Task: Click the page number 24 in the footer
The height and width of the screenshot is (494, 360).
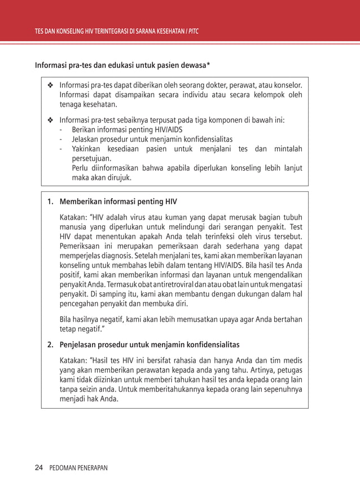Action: [39, 467]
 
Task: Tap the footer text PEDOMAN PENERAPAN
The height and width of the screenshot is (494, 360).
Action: [78, 468]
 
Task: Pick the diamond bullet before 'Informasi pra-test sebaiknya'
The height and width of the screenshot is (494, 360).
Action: [50, 120]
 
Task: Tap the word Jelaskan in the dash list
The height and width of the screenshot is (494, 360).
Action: [85, 139]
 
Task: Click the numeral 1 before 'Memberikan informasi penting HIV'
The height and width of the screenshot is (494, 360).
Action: [49, 202]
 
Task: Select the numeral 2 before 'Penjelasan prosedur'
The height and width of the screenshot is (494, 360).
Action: [49, 344]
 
